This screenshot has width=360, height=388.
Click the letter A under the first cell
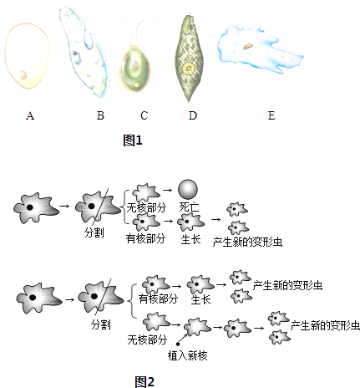pos(30,115)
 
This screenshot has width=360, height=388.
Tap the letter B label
pos(100,115)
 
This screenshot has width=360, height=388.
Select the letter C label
pos(144,115)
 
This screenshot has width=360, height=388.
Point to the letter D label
pos(193,115)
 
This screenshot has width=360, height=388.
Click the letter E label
pos(271,115)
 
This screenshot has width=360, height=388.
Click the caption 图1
pos(133,140)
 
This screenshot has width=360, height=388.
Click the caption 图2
pos(145,382)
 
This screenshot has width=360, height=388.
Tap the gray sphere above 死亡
pos(188,189)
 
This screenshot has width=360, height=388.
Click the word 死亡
pos(190,207)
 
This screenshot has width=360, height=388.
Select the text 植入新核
pos(188,355)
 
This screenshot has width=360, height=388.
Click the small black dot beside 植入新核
pos(178,345)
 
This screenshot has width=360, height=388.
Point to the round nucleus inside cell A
pos(23,74)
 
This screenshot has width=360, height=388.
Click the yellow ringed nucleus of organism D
pos(189,68)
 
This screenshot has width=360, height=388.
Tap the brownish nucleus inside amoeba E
pos(248,46)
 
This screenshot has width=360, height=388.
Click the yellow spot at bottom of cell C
pos(136,84)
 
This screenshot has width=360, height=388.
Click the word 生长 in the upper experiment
pos(190,239)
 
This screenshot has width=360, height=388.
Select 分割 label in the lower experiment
pos(101,324)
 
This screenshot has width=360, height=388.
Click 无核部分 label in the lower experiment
pos(147,339)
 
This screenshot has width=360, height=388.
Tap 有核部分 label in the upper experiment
pos(145,238)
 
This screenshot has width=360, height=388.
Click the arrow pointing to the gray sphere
pos(168,190)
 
